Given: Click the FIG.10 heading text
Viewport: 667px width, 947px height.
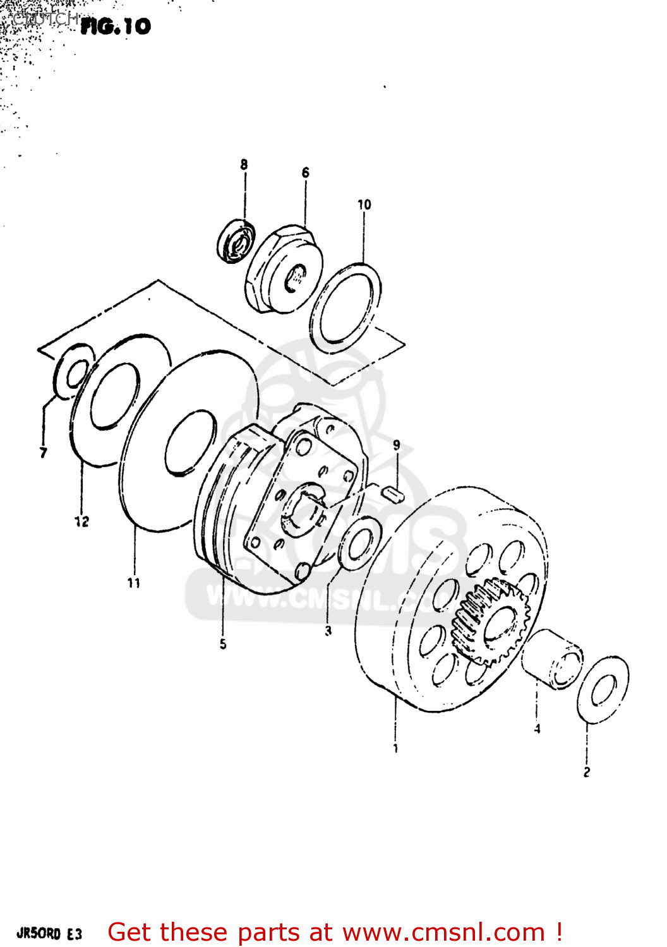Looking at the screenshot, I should pyautogui.click(x=116, y=26).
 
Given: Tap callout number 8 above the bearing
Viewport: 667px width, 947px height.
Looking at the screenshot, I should pyautogui.click(x=244, y=165).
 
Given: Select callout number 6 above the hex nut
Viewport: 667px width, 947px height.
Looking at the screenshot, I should pyautogui.click(x=306, y=172).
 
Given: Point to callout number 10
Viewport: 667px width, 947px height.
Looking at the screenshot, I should pyautogui.click(x=364, y=205).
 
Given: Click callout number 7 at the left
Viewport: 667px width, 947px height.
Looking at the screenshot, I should pyautogui.click(x=43, y=453).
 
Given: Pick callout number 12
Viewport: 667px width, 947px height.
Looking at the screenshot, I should pyautogui.click(x=81, y=521).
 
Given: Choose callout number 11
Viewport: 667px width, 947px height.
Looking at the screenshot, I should pyautogui.click(x=134, y=583).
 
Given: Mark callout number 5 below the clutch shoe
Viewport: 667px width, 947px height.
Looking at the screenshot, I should pyautogui.click(x=223, y=644).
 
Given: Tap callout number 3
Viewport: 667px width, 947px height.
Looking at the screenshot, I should pyautogui.click(x=328, y=630).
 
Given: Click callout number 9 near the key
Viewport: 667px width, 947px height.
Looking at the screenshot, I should pyautogui.click(x=397, y=445).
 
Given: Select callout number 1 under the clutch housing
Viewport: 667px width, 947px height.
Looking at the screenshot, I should pyautogui.click(x=396, y=749).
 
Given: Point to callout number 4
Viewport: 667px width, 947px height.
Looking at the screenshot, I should pyautogui.click(x=537, y=729).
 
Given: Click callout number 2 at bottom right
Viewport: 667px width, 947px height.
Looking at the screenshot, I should pyautogui.click(x=587, y=771).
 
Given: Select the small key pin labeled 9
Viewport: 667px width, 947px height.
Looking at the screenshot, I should pyautogui.click(x=394, y=494).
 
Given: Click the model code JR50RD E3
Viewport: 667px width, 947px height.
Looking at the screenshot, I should pyautogui.click(x=49, y=934).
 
